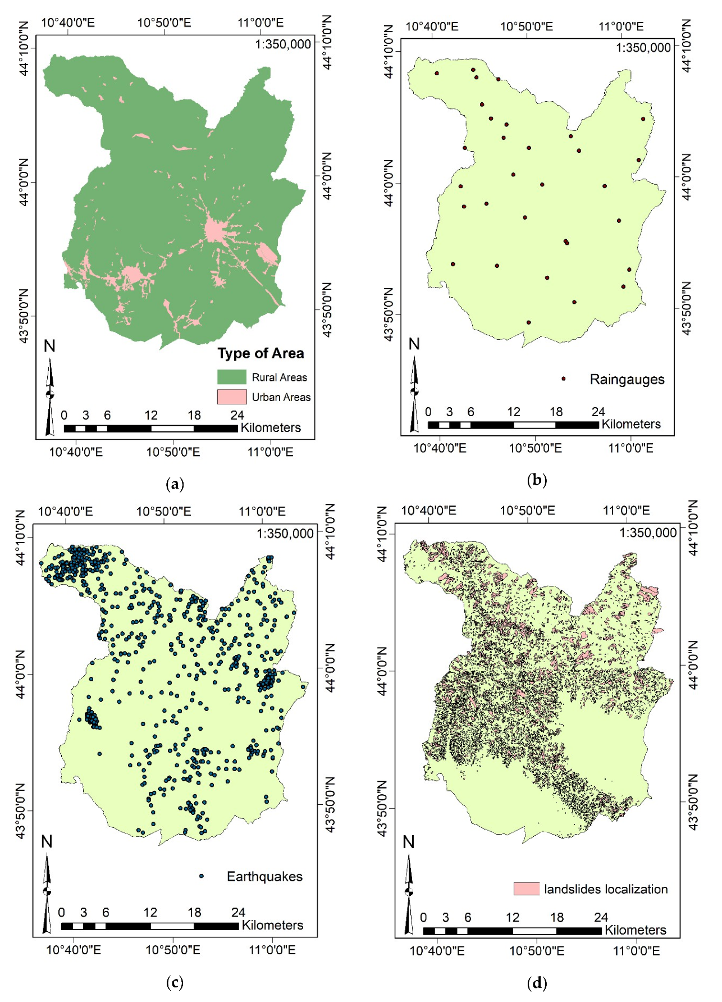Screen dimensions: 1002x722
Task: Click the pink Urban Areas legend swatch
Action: coord(232,397)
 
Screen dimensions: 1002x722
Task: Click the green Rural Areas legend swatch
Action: coord(232,377)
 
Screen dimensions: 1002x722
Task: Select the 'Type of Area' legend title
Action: coord(261,353)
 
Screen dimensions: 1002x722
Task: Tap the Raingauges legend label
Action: coord(627,380)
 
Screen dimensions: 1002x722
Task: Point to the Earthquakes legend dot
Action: coord(202,876)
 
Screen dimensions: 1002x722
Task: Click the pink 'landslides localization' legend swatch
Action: coord(526,889)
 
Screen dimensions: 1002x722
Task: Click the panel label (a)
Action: coord(175,484)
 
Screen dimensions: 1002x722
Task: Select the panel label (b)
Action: coord(537,480)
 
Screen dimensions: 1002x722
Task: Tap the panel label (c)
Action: coord(175,982)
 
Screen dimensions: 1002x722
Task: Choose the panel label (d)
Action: coord(537,982)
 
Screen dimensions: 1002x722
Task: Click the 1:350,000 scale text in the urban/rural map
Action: coord(283,44)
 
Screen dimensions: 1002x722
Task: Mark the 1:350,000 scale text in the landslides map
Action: coord(648,532)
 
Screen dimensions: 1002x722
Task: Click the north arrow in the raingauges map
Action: coord(414,393)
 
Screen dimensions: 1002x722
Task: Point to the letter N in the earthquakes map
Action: coord(47,841)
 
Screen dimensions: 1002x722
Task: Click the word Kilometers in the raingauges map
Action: coord(631,424)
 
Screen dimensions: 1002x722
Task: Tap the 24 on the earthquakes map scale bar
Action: coord(239,912)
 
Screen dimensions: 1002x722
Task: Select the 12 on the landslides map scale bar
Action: coord(513,917)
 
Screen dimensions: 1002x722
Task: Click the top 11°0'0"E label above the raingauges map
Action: coord(621,26)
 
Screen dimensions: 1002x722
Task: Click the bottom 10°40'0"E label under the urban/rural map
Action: coord(76,452)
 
